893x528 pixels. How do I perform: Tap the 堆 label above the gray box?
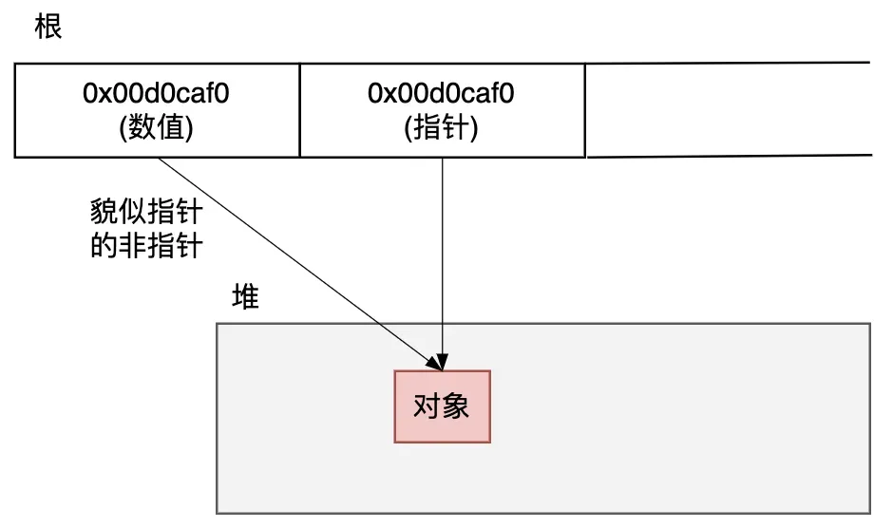[246, 297]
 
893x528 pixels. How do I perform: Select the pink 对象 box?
[442, 406]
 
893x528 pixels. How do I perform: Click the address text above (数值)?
[157, 94]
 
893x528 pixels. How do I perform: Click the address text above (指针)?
[442, 94]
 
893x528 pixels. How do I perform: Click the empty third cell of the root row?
[727, 109]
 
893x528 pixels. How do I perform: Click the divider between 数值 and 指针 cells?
[299, 109]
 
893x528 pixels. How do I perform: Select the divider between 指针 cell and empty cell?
[585, 109]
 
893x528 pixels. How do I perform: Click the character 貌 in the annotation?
[104, 211]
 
